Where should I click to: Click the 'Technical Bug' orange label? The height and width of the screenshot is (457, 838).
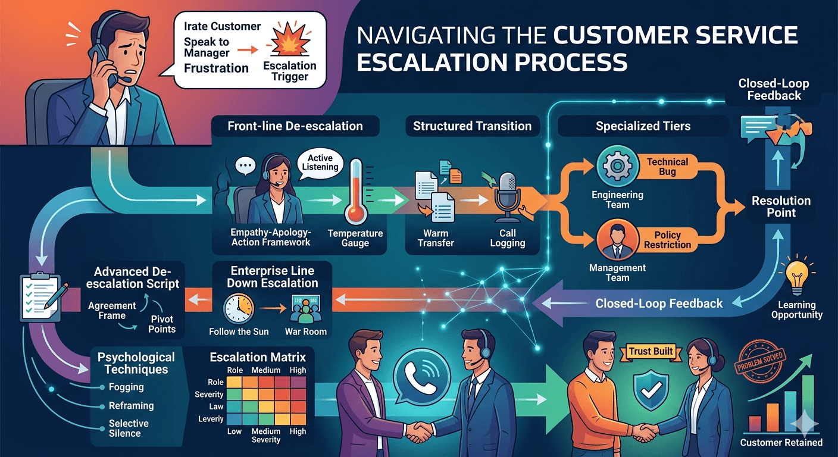click(667, 167)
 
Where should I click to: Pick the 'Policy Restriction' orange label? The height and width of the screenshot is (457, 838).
click(667, 240)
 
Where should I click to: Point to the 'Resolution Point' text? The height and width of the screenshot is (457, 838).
click(781, 206)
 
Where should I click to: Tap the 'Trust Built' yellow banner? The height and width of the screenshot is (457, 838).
click(651, 352)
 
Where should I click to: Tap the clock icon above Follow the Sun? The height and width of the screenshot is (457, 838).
click(238, 308)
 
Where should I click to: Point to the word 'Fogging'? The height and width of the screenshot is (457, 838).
click(126, 387)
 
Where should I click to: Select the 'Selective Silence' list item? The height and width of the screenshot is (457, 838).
click(129, 428)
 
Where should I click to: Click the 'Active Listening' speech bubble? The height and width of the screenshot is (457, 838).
click(323, 163)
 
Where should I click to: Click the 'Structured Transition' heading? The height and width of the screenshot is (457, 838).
click(472, 126)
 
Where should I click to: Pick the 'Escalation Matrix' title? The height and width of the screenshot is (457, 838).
click(258, 357)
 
